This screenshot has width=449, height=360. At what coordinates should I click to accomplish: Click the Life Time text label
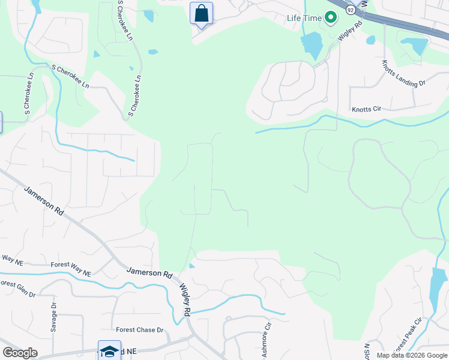click(x=304, y=18)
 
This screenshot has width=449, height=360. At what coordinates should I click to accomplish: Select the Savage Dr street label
click(x=53, y=317)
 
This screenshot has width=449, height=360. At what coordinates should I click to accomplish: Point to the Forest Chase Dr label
click(x=140, y=330)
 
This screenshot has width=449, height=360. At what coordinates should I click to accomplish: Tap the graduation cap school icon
click(x=109, y=351)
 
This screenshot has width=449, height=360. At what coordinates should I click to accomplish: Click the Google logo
click(x=20, y=353)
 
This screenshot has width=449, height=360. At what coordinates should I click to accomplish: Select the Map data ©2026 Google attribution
click(x=412, y=355)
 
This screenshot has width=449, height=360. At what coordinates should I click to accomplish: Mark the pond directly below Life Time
click(x=311, y=45)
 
